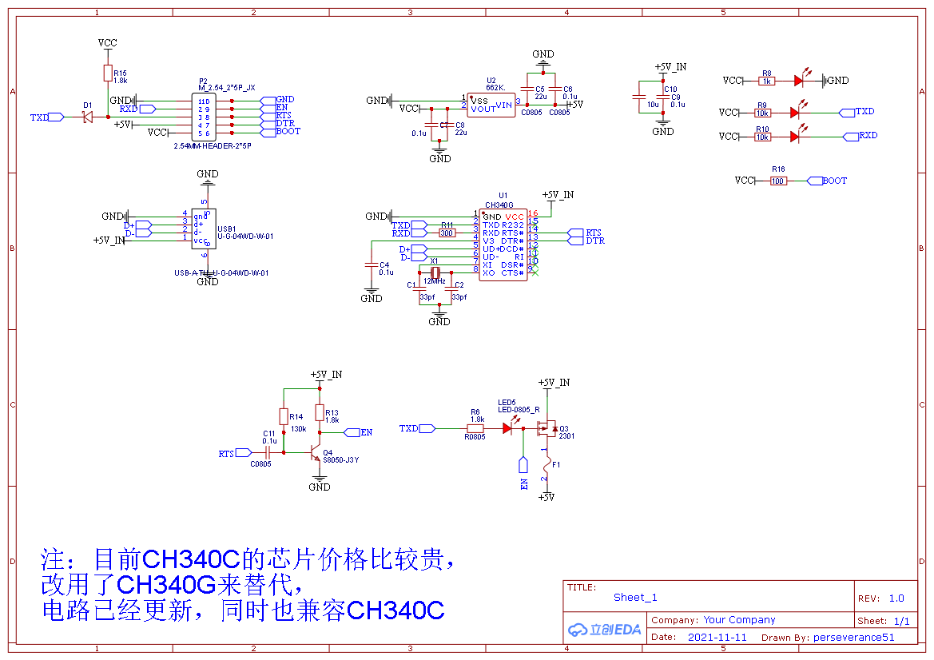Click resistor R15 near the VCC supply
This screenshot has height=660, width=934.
(109, 74)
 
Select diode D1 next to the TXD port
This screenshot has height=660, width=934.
(87, 117)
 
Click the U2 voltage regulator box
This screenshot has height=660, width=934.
(491, 104)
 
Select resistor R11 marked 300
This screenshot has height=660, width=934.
(447, 233)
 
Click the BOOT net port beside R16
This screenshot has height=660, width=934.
(830, 181)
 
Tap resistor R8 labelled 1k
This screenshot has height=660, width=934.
(767, 81)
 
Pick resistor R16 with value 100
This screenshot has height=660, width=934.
(778, 181)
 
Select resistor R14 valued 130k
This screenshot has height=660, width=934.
(283, 416)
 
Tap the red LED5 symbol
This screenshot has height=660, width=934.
(507, 428)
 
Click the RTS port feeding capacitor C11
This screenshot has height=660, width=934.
(231, 454)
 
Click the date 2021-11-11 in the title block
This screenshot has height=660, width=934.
(717, 638)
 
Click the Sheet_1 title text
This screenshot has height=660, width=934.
(635, 597)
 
